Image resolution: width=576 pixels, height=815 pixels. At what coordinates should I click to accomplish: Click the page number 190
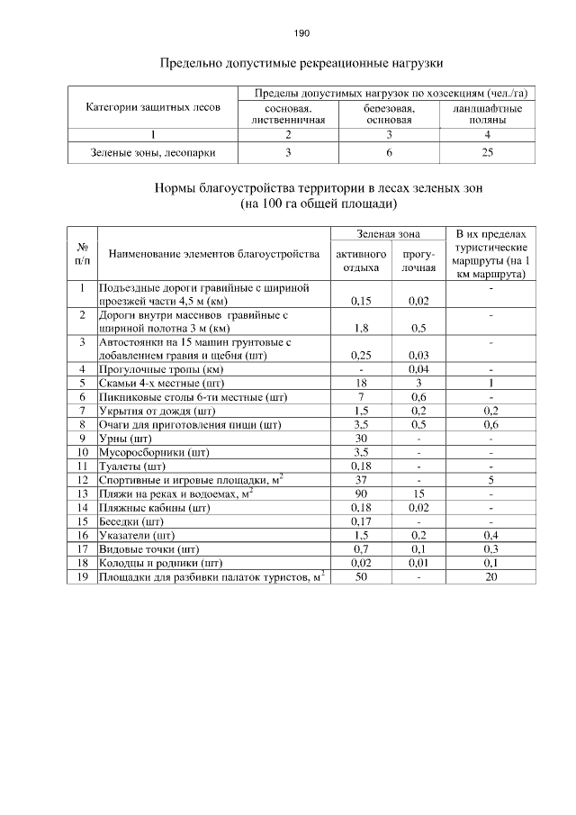(301, 33)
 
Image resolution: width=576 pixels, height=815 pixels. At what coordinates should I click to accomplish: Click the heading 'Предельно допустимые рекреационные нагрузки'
(301, 64)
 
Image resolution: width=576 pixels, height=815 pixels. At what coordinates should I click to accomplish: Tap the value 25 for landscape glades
(487, 152)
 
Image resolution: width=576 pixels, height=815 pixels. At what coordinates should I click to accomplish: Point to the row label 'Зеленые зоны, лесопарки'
(153, 152)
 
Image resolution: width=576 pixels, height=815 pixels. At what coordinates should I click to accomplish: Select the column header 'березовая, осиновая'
(388, 113)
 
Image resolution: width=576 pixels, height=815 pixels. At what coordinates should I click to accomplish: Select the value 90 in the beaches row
(361, 493)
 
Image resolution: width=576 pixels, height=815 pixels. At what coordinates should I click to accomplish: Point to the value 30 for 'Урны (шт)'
(361, 438)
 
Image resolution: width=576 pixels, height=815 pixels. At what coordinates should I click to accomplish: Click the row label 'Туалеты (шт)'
(131, 466)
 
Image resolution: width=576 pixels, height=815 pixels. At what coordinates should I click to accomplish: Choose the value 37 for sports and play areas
(361, 479)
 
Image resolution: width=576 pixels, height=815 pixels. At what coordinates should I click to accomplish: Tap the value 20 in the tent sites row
(490, 576)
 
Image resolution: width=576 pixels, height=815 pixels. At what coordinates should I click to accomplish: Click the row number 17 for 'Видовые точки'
(82, 548)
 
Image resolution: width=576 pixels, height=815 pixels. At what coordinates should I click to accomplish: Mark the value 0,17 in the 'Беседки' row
(361, 521)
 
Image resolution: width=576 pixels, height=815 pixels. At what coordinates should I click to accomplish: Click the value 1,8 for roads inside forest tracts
(361, 329)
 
